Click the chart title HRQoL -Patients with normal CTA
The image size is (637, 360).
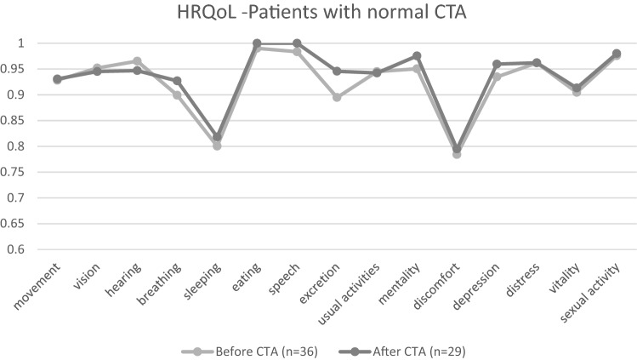tap(318, 15)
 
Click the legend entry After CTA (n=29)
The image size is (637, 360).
tap(404, 349)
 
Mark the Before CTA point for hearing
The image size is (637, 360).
tap(137, 61)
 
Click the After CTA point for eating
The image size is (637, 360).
tap(257, 43)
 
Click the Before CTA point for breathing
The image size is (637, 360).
tap(177, 94)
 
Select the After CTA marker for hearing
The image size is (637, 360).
tap(137, 71)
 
